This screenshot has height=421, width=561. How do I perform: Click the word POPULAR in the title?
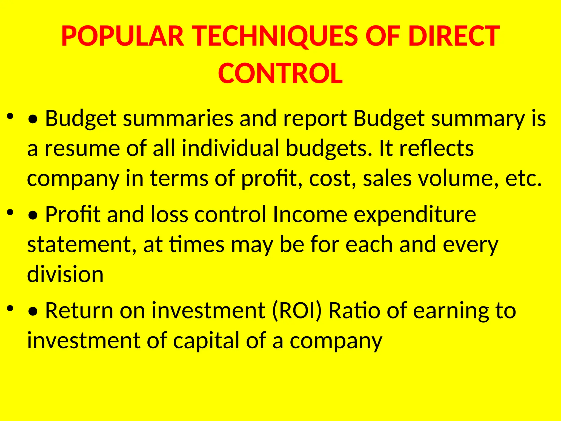[122, 36]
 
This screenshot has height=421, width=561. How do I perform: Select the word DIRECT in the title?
[454, 36]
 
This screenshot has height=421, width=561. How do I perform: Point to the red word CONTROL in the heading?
[280, 73]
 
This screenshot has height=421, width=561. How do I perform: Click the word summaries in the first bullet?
[178, 118]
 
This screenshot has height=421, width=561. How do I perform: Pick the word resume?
[82, 148]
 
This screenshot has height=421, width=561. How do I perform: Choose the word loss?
[170, 214]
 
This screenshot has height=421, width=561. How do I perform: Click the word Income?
[310, 214]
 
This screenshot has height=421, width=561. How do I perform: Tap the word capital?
[206, 341]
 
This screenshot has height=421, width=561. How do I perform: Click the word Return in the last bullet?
[79, 311]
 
